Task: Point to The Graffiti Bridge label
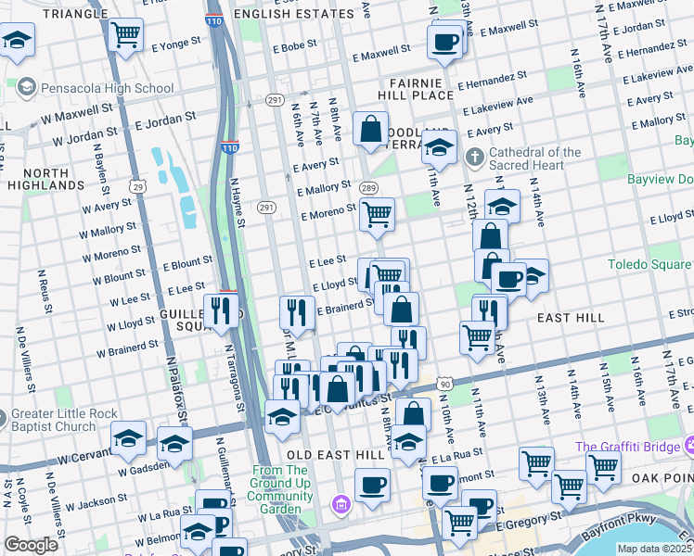[x=634, y=447]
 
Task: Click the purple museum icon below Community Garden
[x=341, y=503]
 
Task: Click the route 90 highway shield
[x=446, y=383]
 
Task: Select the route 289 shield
[x=367, y=187]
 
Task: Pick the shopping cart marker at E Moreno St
[x=377, y=214]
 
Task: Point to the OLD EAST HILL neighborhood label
[x=331, y=455]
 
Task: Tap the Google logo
[x=31, y=545]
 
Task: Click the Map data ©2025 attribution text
[x=652, y=549]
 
